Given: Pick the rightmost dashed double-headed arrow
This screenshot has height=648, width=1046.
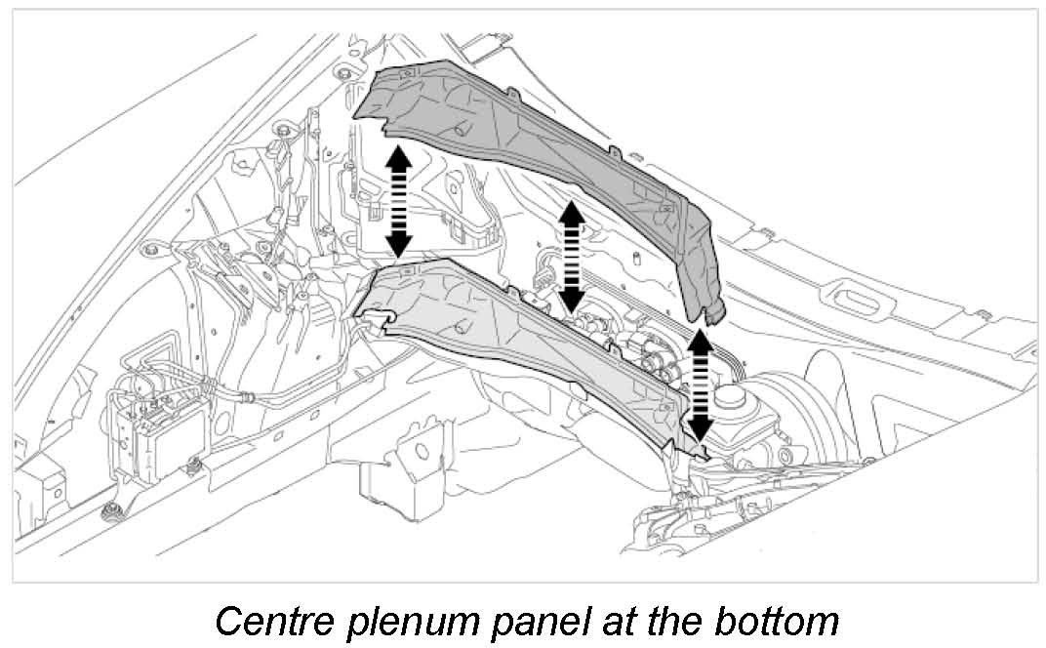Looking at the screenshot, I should tap(699, 386).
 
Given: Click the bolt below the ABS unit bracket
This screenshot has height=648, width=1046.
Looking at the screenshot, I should tap(108, 512).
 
